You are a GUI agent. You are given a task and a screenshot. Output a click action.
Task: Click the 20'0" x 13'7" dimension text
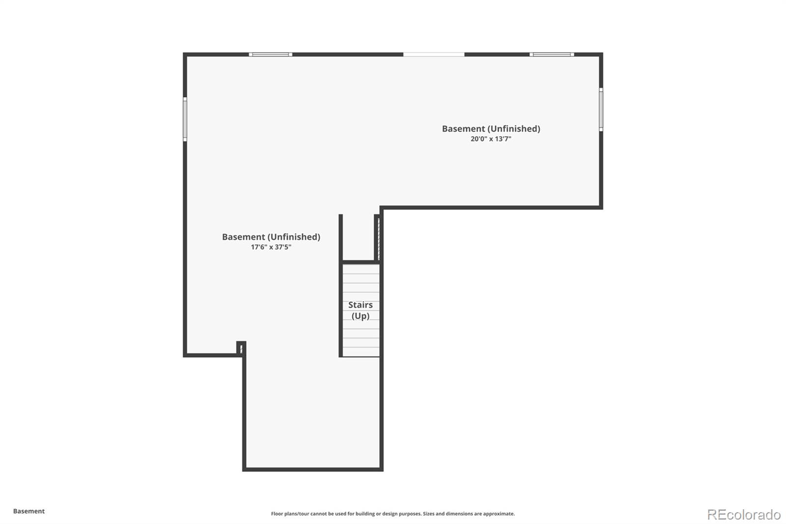491,139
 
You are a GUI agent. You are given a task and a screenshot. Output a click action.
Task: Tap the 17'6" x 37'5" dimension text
271,247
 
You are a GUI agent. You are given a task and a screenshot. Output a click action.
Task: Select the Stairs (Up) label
361,310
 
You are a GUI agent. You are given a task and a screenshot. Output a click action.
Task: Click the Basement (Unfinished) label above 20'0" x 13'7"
491,129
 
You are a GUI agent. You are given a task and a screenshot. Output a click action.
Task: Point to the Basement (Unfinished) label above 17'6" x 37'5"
271,237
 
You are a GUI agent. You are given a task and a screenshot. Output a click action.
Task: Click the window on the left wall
185,119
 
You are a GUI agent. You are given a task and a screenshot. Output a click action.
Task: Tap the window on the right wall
601,110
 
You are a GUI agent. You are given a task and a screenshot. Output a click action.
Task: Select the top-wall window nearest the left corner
270,54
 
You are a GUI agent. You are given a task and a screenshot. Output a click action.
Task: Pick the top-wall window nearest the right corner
552,54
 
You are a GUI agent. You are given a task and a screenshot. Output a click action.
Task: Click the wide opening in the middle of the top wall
434,54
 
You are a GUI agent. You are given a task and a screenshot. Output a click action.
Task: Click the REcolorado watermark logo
744,515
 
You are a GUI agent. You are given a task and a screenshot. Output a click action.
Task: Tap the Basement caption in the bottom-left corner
29,511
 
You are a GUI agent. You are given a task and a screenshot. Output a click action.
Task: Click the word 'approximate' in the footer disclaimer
499,514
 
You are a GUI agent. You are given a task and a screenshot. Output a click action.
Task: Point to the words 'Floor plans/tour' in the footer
290,514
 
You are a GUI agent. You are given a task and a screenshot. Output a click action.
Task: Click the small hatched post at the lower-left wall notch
241,349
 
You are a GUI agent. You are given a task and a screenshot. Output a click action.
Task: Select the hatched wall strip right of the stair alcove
378,238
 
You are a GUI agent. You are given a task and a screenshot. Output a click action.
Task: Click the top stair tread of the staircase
361,269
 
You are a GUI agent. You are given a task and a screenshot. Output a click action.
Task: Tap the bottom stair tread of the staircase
361,351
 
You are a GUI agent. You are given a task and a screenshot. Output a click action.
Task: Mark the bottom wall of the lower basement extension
312,469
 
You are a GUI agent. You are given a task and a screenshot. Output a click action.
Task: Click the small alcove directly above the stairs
359,238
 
